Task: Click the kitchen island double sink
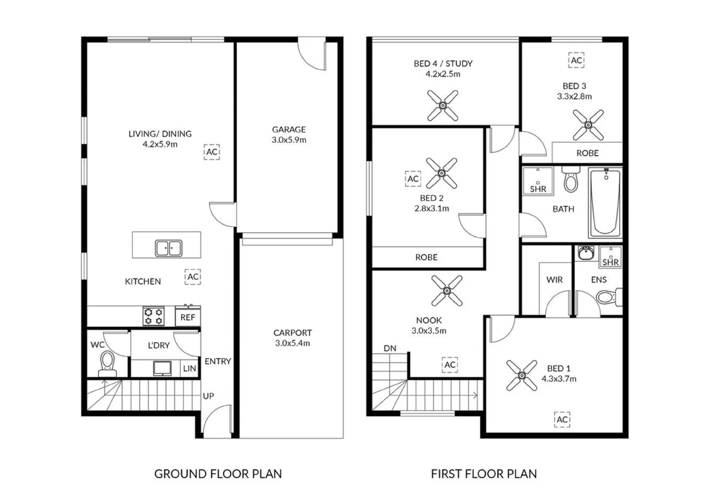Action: click(x=169, y=248)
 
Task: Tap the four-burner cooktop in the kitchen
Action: click(x=153, y=316)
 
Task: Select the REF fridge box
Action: click(x=188, y=317)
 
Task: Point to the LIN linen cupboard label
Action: click(x=189, y=368)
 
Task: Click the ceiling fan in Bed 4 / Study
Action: click(x=443, y=106)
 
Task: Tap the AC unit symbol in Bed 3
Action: click(x=576, y=61)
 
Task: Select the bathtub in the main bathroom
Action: click(x=606, y=203)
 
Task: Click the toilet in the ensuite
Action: click(x=608, y=297)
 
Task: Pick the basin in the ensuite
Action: click(x=585, y=253)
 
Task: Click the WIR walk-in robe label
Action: click(x=554, y=280)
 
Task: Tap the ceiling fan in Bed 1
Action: click(x=521, y=375)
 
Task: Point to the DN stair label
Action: click(x=390, y=348)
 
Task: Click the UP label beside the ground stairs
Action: click(x=208, y=396)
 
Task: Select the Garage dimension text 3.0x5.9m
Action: click(x=289, y=140)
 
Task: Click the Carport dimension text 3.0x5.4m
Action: click(x=292, y=343)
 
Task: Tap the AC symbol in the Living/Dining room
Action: click(x=212, y=152)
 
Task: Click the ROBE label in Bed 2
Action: click(x=426, y=257)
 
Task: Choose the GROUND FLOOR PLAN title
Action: click(x=218, y=474)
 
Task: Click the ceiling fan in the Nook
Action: click(x=446, y=291)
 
